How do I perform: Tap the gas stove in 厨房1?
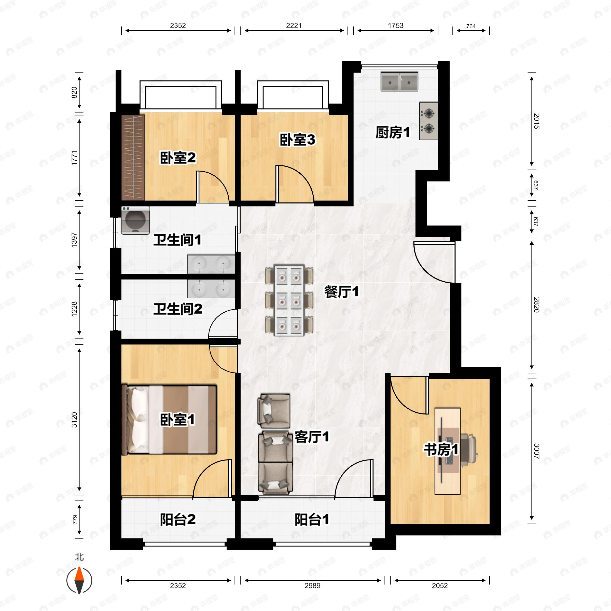[x=429, y=121]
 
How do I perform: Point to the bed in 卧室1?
[x=170, y=419]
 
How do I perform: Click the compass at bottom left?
[x=79, y=580]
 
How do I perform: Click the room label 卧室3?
[x=297, y=140]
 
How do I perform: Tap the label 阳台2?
[x=177, y=519]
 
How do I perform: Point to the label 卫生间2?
[x=178, y=309]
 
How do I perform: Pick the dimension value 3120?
[x=74, y=420]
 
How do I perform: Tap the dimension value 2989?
[x=312, y=585]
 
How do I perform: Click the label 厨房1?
[x=393, y=132]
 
